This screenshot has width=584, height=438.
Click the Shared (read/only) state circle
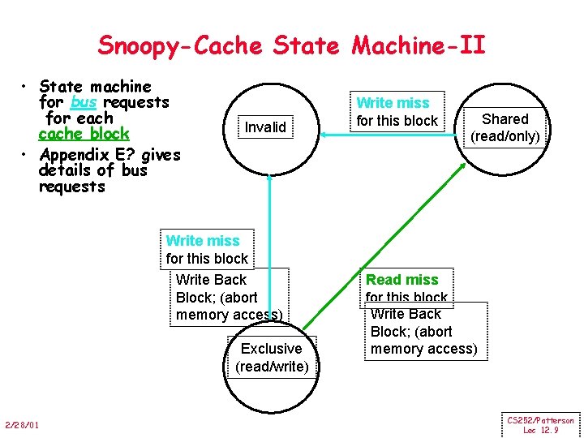(505, 127)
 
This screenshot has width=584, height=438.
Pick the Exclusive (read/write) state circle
(271, 358)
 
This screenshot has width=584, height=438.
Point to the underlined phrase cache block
(84, 134)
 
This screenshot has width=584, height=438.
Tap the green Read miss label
(401, 280)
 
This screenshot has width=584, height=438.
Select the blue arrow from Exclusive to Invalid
(269, 243)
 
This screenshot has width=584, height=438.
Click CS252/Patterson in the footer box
(540, 420)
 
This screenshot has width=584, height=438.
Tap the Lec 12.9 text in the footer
(540, 430)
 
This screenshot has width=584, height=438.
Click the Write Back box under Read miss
(423, 332)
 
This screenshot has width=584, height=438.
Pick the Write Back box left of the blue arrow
(228, 298)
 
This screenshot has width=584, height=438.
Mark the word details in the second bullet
(64, 170)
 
